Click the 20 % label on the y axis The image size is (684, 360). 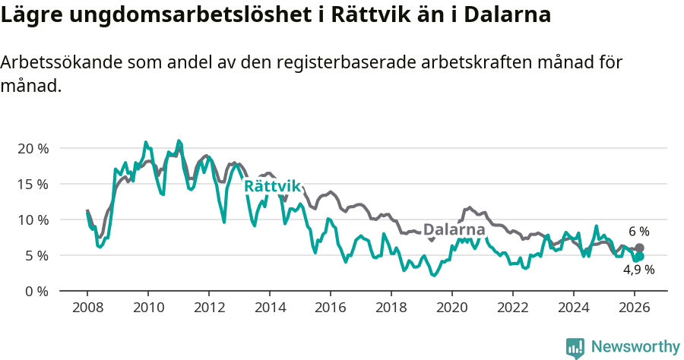(33, 148)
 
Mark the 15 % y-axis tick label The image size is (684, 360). (33, 184)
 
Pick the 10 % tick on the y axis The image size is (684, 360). (33, 219)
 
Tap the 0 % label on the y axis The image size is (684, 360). (36, 291)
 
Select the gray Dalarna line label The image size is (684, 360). (454, 229)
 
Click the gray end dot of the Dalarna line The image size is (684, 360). (639, 248)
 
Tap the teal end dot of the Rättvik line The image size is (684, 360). (639, 256)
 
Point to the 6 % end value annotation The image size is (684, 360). (638, 232)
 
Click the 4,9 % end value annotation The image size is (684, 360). (638, 270)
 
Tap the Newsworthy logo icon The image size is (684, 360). (575, 347)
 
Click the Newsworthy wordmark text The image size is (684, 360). (635, 347)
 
